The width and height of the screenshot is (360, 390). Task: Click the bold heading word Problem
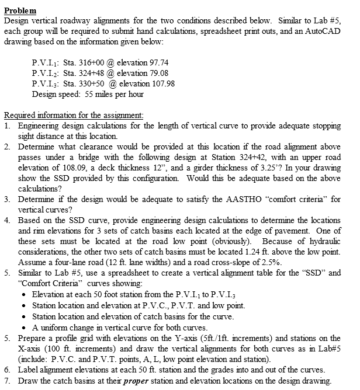tap(20, 11)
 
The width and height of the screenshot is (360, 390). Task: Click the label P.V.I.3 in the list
tap(47, 83)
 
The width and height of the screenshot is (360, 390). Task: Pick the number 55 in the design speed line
tap(85, 93)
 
